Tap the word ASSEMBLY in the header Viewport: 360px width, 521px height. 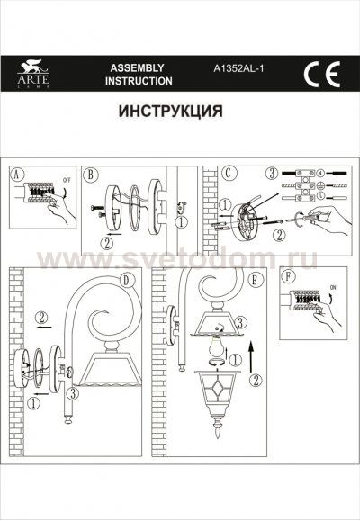click(x=136, y=67)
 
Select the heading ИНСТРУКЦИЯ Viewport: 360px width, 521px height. click(x=169, y=113)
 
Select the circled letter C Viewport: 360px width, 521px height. click(x=229, y=173)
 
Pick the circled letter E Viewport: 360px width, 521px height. click(x=256, y=280)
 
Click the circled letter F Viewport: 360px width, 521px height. click(x=287, y=276)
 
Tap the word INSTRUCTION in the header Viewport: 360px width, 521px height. click(x=139, y=81)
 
